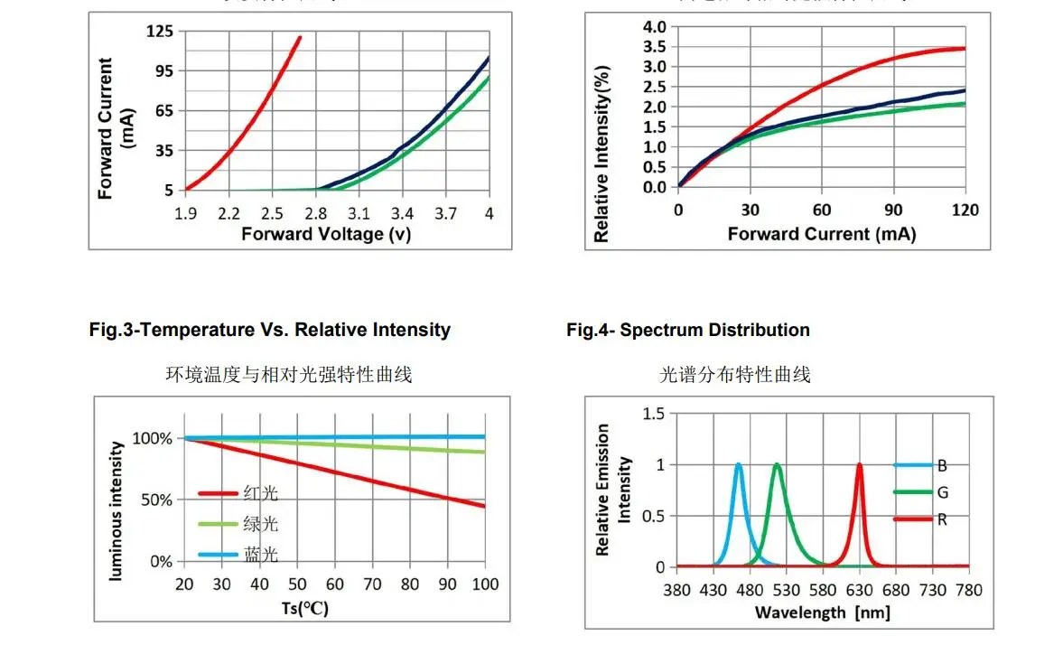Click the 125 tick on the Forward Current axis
click(159, 32)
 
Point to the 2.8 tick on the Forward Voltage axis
click(315, 214)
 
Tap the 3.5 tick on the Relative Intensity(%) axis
click(653, 47)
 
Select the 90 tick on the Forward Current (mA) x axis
click(893, 210)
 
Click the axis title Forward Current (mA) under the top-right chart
click(821, 235)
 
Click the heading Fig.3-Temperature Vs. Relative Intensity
click(269, 330)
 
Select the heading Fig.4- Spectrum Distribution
click(687, 330)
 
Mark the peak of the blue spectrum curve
click(738, 465)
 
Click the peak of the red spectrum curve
click(859, 465)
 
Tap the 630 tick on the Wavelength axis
click(859, 590)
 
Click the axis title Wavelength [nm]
click(822, 612)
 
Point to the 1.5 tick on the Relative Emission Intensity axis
click(653, 414)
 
